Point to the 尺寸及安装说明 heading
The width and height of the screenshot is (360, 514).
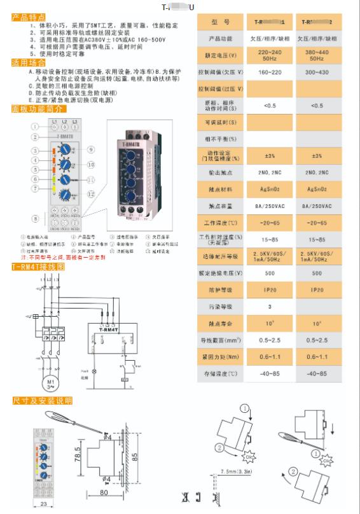point(42,401)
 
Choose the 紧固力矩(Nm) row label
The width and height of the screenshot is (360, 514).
point(219,358)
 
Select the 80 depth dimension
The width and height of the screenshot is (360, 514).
point(103,492)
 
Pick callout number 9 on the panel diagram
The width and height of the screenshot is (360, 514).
point(91,149)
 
